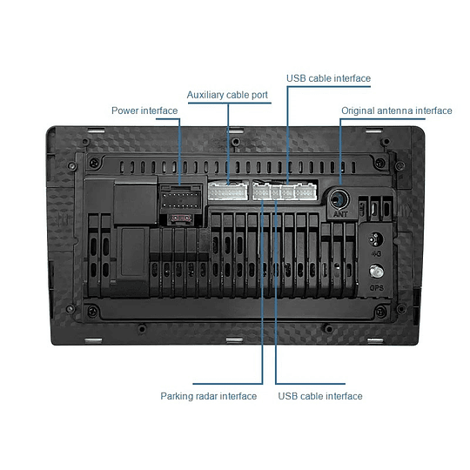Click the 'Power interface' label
tap(144, 111)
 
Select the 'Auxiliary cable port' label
tap(227, 95)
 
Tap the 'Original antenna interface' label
tap(397, 111)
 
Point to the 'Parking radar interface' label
tap(209, 396)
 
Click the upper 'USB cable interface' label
tap(328, 78)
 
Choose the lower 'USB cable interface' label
tap(320, 396)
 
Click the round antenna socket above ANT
tap(339, 199)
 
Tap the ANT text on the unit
tap(340, 214)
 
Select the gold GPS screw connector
tap(376, 272)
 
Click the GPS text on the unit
tap(377, 288)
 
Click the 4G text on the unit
tap(376, 254)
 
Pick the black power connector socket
tap(180, 198)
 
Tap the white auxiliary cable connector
tap(228, 191)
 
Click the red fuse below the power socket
tap(180, 218)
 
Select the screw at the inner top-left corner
tap(94, 163)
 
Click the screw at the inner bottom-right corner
tap(380, 312)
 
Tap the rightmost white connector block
tap(305, 191)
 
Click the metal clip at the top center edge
tap(235, 131)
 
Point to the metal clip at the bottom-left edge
tap(93, 340)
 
